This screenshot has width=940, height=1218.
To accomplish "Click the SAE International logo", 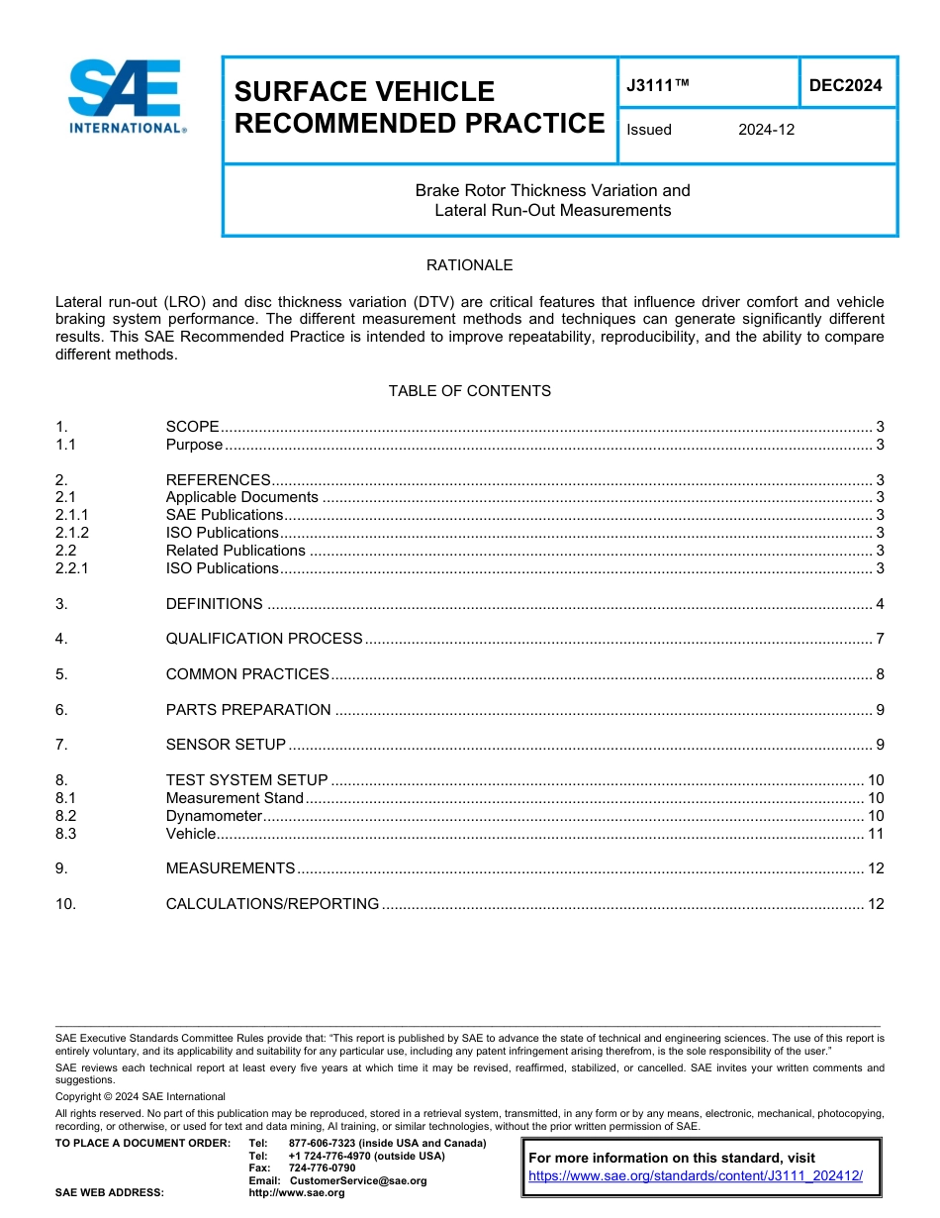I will click(x=126, y=97).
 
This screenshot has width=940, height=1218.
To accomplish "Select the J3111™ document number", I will click(x=657, y=86).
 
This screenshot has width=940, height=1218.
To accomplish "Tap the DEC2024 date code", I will click(x=845, y=86).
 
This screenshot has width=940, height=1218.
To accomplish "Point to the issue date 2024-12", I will click(x=766, y=130).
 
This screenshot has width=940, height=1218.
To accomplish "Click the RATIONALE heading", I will click(x=469, y=265).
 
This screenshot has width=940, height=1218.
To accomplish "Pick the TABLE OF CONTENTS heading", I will click(x=469, y=391).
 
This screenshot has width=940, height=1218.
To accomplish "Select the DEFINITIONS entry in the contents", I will click(x=214, y=604).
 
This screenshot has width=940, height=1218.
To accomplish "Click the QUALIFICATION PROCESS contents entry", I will click(x=264, y=639).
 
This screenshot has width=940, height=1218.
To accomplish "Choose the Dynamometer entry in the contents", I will click(x=214, y=816).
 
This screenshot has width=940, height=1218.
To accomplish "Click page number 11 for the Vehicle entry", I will click(x=875, y=834).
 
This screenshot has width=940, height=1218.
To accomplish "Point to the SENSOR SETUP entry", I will click(x=226, y=745).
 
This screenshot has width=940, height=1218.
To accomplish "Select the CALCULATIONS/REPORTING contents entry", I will click(x=272, y=904).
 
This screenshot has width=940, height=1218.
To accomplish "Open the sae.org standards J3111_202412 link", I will click(x=696, y=1175).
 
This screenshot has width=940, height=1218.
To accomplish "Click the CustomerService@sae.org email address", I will click(x=358, y=1180).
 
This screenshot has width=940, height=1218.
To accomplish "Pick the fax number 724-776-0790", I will click(x=323, y=1168).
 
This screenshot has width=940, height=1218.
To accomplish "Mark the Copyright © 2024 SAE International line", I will click(x=141, y=1096).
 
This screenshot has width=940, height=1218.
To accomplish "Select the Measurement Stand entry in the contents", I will click(x=235, y=798).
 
